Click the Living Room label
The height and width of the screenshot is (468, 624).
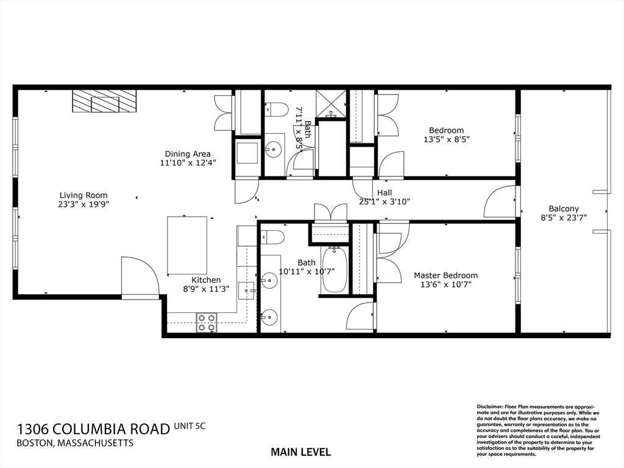tap(83, 195)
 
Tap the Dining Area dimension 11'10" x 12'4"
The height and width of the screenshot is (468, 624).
tap(188, 163)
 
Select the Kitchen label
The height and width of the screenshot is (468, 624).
tap(206, 280)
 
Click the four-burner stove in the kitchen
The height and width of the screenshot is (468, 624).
tap(207, 323)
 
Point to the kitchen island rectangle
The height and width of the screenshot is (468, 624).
tap(187, 245)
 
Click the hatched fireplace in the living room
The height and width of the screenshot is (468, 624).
tap(104, 101)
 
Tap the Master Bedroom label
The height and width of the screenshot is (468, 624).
tap(445, 275)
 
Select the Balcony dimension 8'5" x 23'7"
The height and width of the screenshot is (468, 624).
tap(564, 218)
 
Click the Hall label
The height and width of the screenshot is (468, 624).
tap(385, 193)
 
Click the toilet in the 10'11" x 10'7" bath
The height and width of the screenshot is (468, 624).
tap(272, 237)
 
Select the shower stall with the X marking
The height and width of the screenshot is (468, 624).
tap(331, 104)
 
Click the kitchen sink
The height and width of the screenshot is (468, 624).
tap(246, 290)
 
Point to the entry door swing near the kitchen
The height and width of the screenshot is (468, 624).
tap(140, 276)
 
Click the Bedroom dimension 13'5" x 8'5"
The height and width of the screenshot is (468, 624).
tap(446, 140)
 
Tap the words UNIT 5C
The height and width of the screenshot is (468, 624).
tap(190, 426)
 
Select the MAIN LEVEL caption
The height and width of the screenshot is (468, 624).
tap(300, 452)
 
